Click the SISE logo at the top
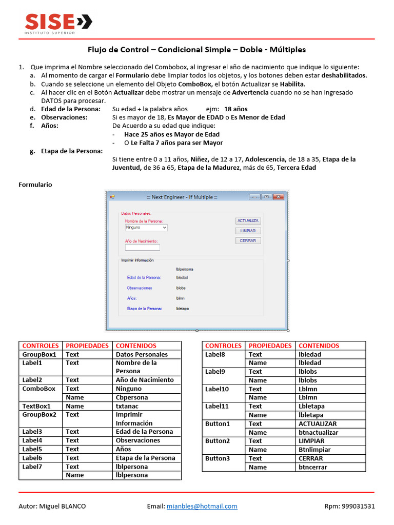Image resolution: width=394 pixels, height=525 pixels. tap(58, 23)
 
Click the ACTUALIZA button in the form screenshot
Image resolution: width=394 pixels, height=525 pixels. tap(248, 221)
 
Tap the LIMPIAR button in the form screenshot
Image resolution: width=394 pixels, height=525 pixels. tap(248, 231)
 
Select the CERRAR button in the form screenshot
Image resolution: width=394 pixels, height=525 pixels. tap(248, 240)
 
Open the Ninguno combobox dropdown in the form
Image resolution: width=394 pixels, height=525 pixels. tap(164, 227)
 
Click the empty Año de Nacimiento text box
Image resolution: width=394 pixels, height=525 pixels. tap(143, 248)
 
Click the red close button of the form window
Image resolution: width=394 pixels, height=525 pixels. tap(279, 197)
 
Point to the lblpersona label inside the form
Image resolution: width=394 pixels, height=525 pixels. tap(185, 269)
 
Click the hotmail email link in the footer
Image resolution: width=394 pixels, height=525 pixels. tap(202, 506)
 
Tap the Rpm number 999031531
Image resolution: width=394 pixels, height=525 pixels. tap(357, 506)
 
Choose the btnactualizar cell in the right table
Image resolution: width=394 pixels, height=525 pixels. tap(319, 432)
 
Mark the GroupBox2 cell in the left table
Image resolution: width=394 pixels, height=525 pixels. tap(39, 414)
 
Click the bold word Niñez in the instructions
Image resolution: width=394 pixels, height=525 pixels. tap(201, 159)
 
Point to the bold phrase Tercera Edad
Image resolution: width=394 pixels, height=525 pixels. tap(297, 168)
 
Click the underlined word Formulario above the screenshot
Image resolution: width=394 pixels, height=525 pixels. tap(35, 185)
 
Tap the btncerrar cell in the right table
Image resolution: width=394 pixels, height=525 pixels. tap(312, 467)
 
